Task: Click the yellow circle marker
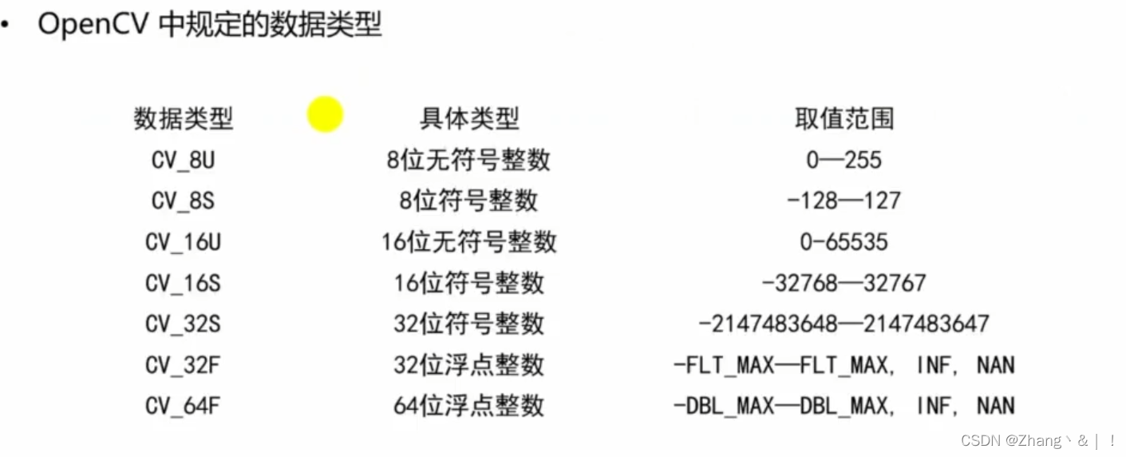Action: pyautogui.click(x=325, y=114)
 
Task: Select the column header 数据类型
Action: pyautogui.click(x=183, y=119)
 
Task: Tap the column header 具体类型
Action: pyautogui.click(x=469, y=119)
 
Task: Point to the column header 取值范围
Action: pyautogui.click(x=844, y=119)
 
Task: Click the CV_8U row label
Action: pyautogui.click(x=183, y=160)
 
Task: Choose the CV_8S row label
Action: pyautogui.click(x=183, y=201)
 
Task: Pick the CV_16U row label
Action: pyautogui.click(x=183, y=241)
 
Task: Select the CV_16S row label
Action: pyautogui.click(x=183, y=283)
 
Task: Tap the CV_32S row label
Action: pyautogui.click(x=183, y=324)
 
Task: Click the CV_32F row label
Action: pyautogui.click(x=183, y=365)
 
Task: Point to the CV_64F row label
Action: pyautogui.click(x=183, y=406)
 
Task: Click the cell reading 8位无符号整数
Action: pyautogui.click(x=469, y=160)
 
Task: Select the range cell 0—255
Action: pyautogui.click(x=844, y=160)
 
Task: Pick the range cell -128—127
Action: pyautogui.click(x=844, y=201)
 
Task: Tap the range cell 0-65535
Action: pyautogui.click(x=844, y=241)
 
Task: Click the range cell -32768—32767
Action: pyautogui.click(x=844, y=283)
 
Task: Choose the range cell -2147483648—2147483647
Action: pyautogui.click(x=844, y=324)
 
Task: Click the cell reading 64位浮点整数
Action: pyautogui.click(x=469, y=406)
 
